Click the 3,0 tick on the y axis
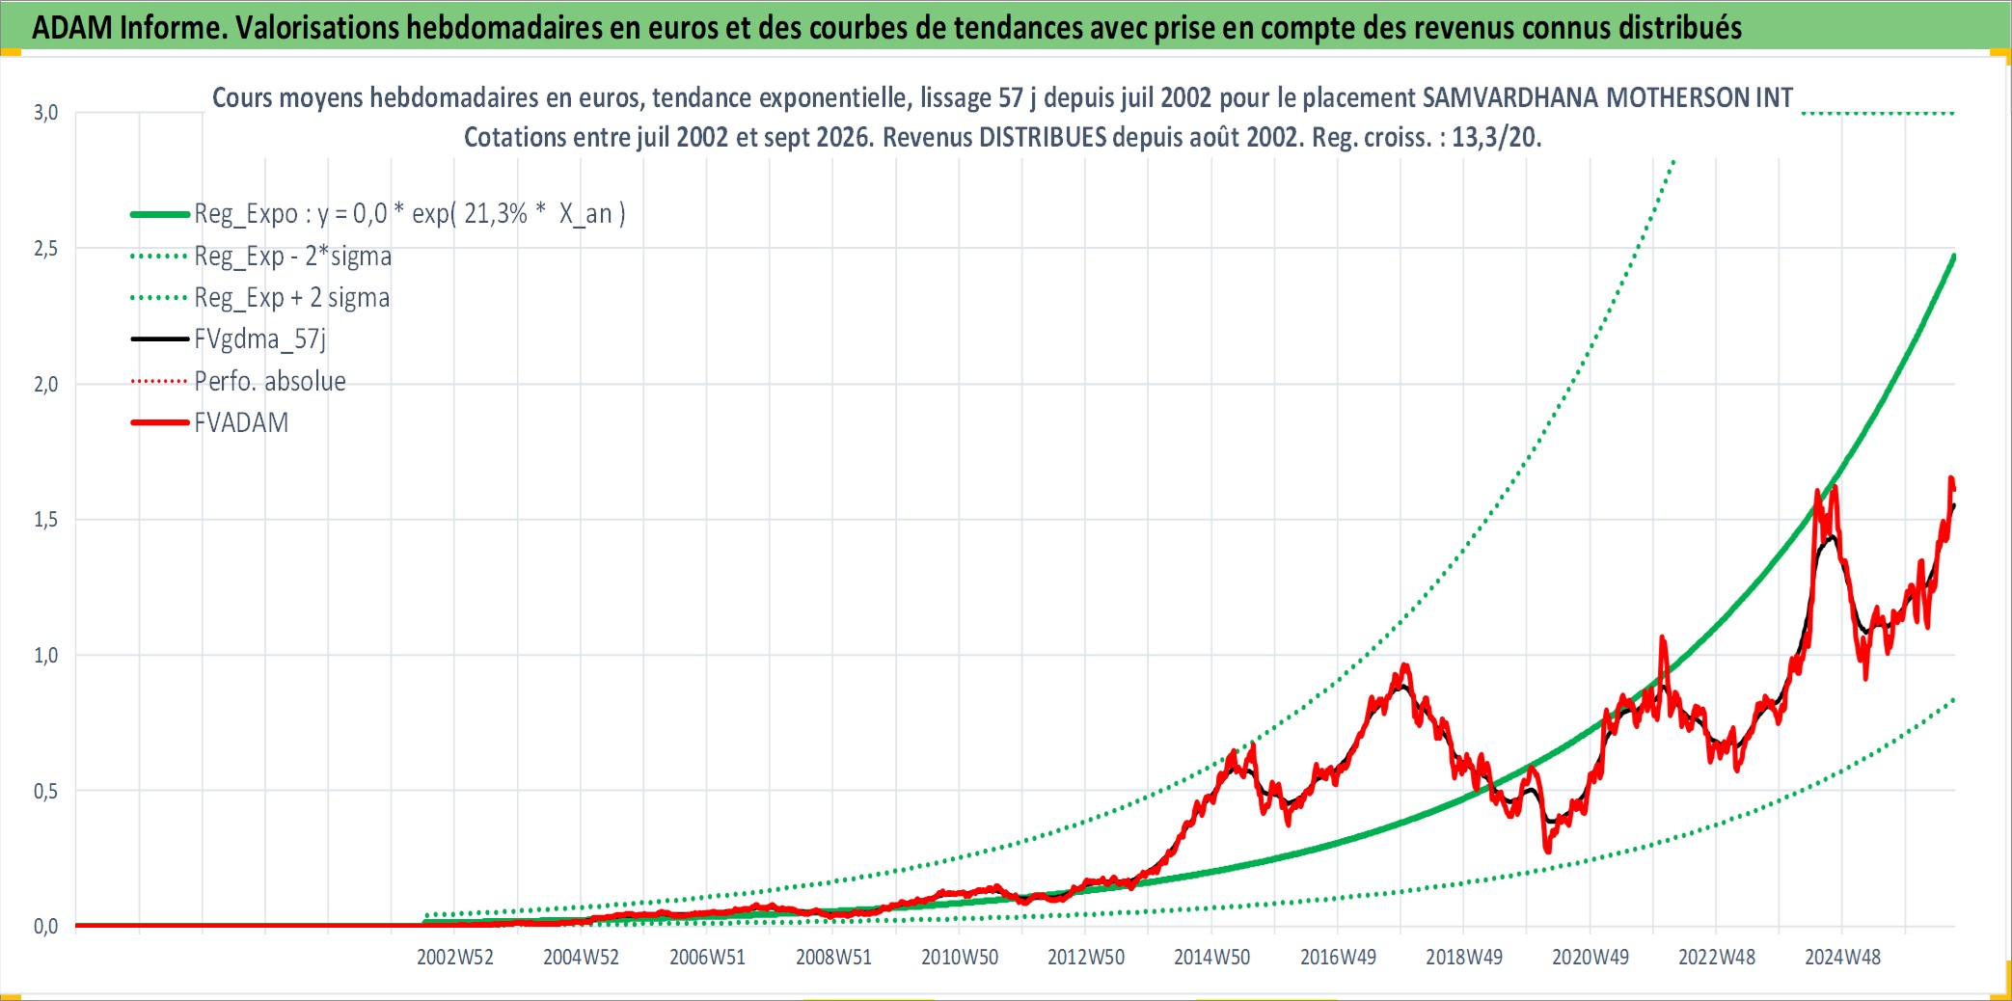tap(45, 113)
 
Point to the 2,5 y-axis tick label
tap(45, 249)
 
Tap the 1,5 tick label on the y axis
tap(45, 520)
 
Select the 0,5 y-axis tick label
tap(45, 791)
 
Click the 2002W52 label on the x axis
tap(455, 957)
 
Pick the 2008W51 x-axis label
tap(833, 957)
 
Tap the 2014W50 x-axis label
tap(1211, 957)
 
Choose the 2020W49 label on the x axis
tap(1591, 957)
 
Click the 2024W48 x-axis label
tap(1842, 957)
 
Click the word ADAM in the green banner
tap(72, 28)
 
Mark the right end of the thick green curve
tap(1954, 256)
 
